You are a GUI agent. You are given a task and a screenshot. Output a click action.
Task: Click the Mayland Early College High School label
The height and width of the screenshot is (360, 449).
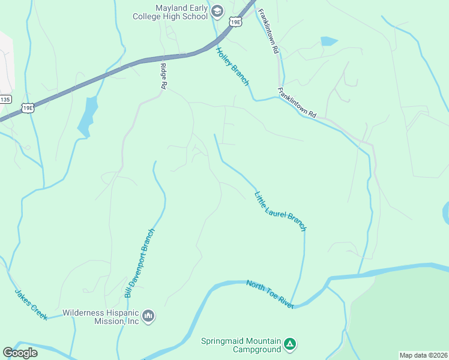point(171,12)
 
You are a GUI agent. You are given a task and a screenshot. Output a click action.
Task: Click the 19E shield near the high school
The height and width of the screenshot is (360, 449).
point(235,22)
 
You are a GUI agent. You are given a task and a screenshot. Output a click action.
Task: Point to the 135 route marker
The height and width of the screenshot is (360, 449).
point(5,99)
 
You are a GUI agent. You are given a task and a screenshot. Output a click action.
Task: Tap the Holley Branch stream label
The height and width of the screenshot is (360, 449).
point(233,66)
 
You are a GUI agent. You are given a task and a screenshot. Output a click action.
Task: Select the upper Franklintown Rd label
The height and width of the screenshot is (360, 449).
point(268,32)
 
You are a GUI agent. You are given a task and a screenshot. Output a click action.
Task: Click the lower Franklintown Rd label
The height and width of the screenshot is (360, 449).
point(297,103)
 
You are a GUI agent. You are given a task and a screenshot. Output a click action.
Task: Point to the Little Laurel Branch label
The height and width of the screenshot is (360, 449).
point(280,211)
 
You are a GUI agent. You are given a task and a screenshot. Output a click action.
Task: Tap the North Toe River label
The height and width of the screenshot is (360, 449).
point(270,293)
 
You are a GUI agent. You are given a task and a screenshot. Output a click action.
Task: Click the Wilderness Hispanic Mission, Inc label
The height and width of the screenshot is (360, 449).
point(101,317)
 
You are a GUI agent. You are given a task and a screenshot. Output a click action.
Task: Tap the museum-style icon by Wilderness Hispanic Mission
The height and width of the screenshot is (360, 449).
point(149,316)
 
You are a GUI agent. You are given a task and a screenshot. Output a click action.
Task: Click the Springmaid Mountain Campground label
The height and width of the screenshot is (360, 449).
point(241,344)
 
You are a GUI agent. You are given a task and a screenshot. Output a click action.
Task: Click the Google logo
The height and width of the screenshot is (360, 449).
point(20,353)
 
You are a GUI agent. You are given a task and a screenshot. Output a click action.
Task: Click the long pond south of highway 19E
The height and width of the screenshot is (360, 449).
point(88,117)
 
